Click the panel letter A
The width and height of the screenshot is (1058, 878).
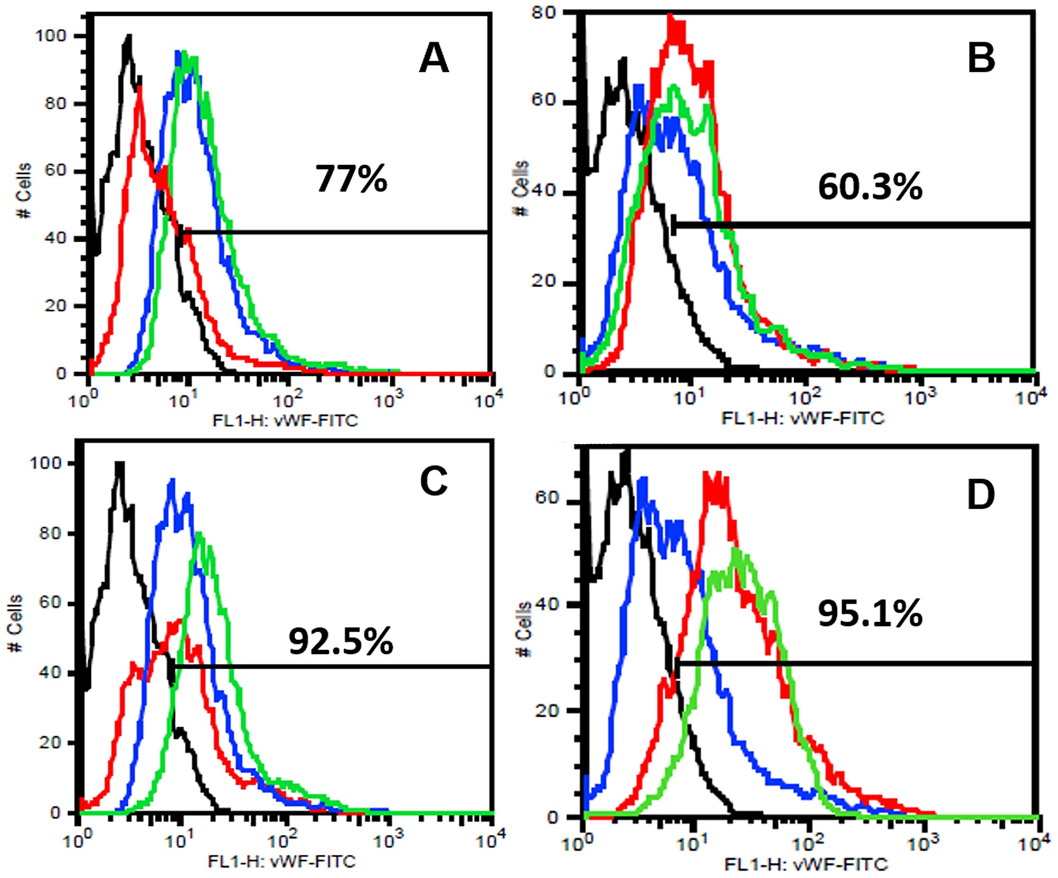coord(434,59)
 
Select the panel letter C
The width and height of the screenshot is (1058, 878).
coord(434,482)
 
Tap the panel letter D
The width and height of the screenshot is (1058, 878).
coord(981,495)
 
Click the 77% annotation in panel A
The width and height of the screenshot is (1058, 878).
coord(351,179)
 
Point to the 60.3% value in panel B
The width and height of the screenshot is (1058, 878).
coord(870,187)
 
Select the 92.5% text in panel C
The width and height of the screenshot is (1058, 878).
coord(341,642)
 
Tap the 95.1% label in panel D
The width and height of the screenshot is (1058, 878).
coord(870,614)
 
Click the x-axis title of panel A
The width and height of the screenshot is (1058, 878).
coord(285,421)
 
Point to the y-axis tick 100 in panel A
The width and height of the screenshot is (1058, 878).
coord(51,36)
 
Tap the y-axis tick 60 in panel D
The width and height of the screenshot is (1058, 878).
coord(547,497)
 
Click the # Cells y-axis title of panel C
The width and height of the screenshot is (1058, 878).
coord(15,623)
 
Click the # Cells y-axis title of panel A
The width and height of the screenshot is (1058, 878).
coord(24,191)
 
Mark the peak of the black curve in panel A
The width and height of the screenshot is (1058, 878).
coord(128,37)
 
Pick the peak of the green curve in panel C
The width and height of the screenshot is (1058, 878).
coord(199,534)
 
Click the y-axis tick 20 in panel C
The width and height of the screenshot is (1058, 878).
coord(50,743)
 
